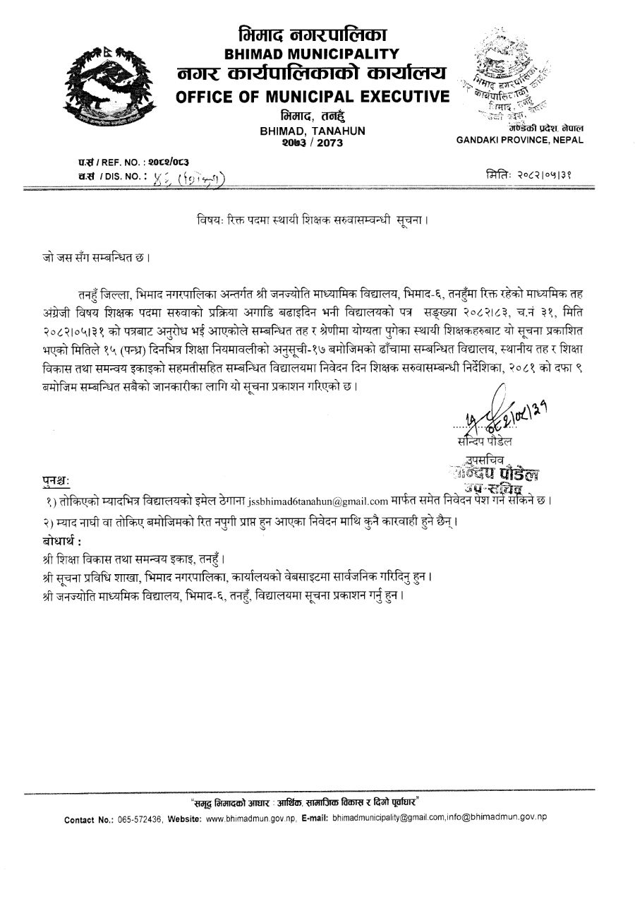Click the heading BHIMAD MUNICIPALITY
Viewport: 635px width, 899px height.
click(312, 53)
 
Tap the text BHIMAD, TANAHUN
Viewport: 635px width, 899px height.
click(312, 131)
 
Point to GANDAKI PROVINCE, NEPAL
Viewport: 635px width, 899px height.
click(520, 140)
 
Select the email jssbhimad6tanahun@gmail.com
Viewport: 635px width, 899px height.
click(313, 501)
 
